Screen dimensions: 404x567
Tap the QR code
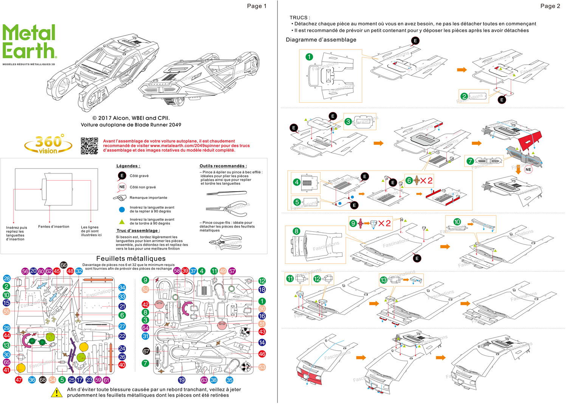90,146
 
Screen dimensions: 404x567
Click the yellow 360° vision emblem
48,145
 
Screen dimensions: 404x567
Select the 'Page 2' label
550,6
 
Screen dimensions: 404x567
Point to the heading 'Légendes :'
128,166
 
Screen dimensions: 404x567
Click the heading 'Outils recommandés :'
223,166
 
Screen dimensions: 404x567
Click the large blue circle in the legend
122,209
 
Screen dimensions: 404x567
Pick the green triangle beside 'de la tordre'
122,222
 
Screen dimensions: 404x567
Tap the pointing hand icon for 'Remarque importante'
120,198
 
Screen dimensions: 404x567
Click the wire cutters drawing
225,242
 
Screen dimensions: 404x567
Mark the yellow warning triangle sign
57,393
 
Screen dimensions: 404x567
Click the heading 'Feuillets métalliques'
131,258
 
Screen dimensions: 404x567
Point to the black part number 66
64,265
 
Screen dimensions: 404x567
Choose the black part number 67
146,351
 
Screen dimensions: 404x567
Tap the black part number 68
43,380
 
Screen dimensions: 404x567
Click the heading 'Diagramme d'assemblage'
321,40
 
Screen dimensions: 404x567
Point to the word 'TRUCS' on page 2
299,17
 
